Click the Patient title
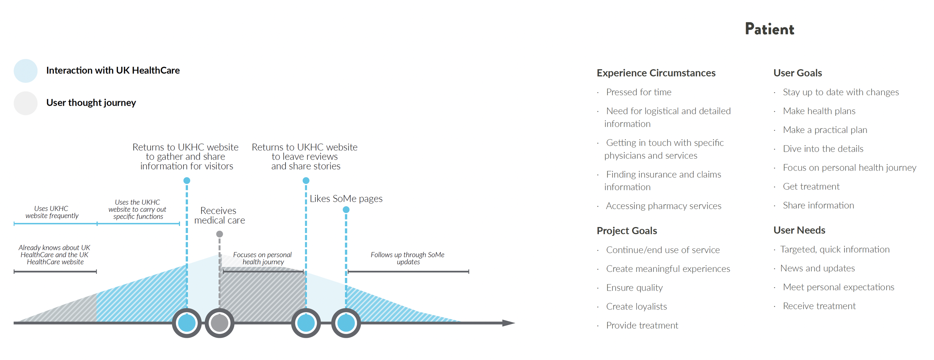[769, 29]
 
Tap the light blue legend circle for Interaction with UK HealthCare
[25, 71]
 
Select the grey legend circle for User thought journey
[25, 103]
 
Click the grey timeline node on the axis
[219, 323]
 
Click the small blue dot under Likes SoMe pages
[346, 210]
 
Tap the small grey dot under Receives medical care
[219, 234]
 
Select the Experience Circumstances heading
[656, 73]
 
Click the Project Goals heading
[627, 231]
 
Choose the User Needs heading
[799, 230]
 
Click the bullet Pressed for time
[638, 92]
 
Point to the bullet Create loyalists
[636, 307]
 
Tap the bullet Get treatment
[811, 186]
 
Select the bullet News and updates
[817, 268]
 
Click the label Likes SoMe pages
[346, 199]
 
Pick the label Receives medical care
[219, 215]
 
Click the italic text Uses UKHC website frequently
[52, 212]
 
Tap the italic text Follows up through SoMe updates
[408, 258]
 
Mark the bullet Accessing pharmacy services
[664, 206]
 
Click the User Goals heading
[798, 73]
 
